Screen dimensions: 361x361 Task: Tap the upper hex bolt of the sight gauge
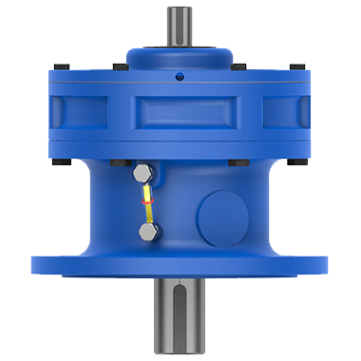point(142,173)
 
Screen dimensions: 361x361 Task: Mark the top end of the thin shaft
point(180,9)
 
